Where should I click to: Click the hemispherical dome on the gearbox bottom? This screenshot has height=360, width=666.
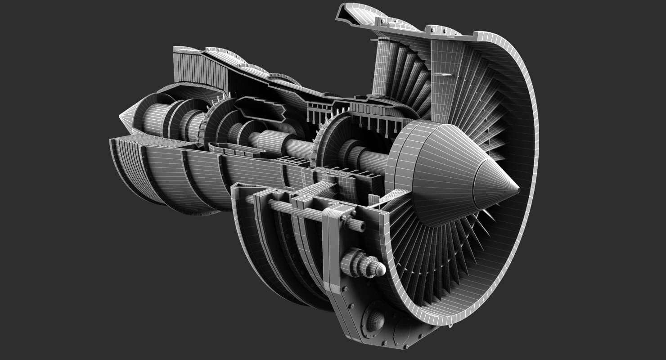(375, 320)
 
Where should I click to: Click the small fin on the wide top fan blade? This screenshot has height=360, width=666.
(443, 74)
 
